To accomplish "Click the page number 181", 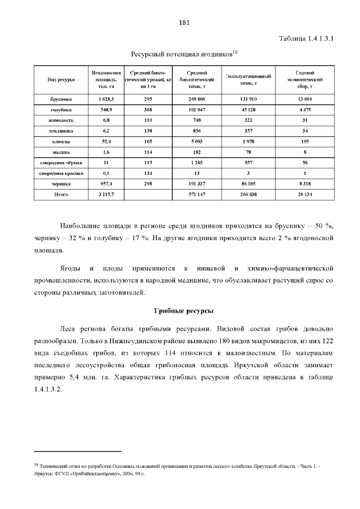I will coord(183,23).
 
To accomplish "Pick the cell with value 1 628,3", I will coord(106,98).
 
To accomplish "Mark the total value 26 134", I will coord(304,194).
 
